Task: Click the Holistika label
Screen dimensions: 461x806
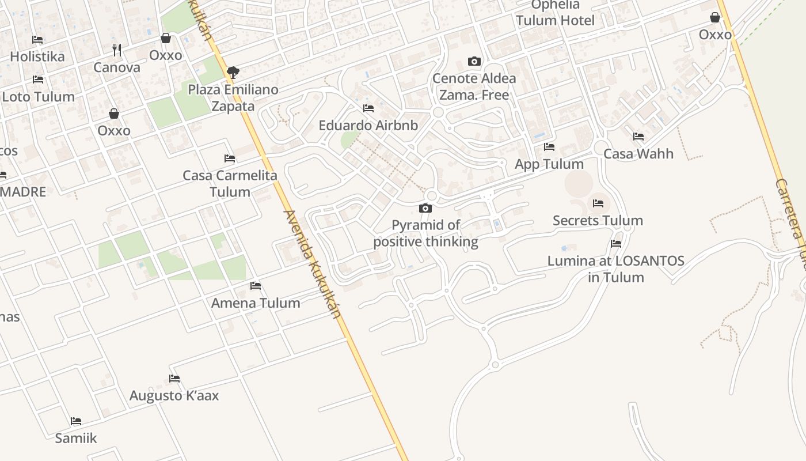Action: (37, 56)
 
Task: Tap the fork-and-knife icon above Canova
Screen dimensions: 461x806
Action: (117, 50)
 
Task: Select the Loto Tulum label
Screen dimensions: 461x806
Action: (39, 96)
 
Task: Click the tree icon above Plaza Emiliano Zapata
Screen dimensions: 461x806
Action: (233, 73)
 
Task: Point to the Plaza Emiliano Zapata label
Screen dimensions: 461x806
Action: (233, 98)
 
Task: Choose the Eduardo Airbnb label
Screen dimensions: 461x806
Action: (368, 125)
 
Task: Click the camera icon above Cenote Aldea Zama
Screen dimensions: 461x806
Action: (474, 61)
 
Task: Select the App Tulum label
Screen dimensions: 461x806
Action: (549, 164)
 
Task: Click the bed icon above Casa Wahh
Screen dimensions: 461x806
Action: (638, 137)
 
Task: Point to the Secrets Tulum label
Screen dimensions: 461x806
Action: (598, 221)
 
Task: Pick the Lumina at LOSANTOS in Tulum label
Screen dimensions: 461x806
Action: (616, 269)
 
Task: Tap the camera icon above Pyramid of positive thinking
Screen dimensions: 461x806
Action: (425, 208)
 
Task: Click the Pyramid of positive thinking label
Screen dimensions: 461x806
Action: (426, 233)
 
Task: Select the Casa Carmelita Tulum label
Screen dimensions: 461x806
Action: (230, 183)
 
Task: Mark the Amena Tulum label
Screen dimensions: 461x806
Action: (256, 303)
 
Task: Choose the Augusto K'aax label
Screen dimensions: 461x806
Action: (174, 396)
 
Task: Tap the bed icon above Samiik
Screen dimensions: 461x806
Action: (76, 421)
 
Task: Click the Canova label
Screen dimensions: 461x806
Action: (117, 67)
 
